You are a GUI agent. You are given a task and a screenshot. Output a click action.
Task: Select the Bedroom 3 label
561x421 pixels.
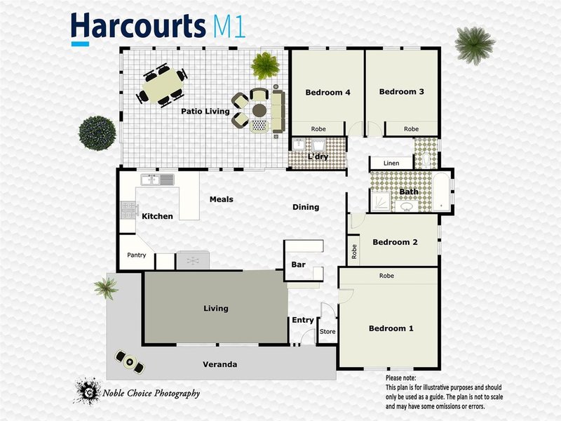click(402, 91)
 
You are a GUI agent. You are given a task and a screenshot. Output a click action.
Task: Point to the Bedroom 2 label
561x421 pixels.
click(395, 243)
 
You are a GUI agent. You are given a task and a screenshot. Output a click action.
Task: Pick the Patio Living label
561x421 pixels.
click(205, 111)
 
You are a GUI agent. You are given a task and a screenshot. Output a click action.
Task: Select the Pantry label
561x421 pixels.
click(137, 255)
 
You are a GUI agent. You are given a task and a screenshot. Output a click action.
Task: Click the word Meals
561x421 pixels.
click(222, 199)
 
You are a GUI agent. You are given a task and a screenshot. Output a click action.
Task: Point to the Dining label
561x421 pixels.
click(306, 207)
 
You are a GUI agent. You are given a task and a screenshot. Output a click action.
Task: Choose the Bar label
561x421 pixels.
click(297, 265)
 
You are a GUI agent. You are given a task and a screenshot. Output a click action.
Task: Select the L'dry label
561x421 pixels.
click(318, 156)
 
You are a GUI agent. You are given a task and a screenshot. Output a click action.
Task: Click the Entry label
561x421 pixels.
click(303, 320)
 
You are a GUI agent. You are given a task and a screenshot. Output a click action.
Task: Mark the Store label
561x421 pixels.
click(327, 331)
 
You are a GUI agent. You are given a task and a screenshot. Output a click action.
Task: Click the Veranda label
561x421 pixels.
click(219, 365)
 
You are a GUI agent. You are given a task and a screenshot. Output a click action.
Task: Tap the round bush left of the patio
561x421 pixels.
click(97, 131)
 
